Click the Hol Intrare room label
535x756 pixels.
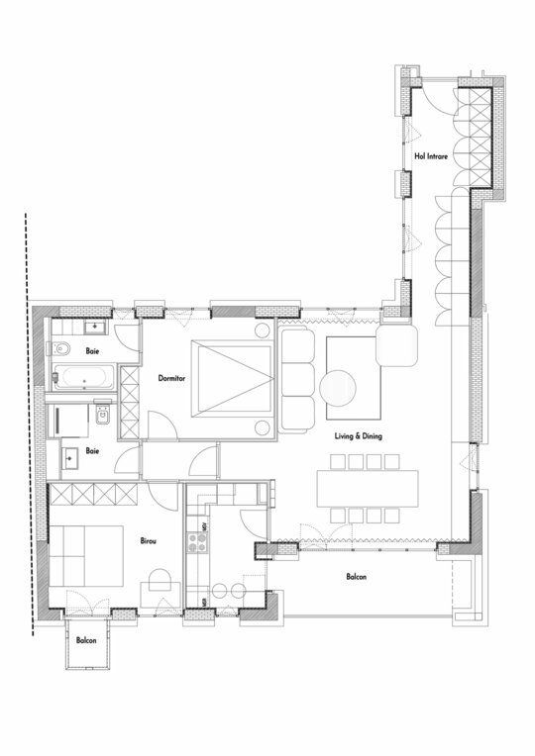431,156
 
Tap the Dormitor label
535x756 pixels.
171,378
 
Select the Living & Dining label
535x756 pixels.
359,435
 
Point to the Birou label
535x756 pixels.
149,541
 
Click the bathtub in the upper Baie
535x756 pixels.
84,377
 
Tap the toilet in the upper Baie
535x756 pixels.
58,347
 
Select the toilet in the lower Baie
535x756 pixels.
103,413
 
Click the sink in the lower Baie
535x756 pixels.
70,457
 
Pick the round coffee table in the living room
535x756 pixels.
338,388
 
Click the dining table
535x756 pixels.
368,489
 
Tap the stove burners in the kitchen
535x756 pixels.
197,542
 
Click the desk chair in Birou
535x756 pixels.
160,580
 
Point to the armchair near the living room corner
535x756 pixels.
396,345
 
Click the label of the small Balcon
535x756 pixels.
86,640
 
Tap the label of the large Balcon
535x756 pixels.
357,577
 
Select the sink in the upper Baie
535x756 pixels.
96,328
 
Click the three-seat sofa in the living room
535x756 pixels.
296,379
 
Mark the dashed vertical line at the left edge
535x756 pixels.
29,425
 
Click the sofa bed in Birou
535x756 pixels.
85,556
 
